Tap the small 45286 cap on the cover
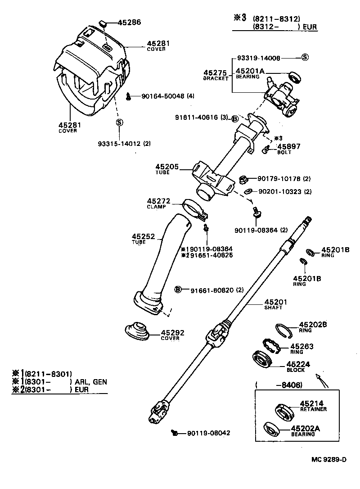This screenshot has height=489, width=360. tap(102, 23)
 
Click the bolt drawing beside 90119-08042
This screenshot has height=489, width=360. tap(175, 433)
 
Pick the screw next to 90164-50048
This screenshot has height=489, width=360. tap(129, 95)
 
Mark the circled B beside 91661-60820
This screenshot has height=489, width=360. tap(178, 289)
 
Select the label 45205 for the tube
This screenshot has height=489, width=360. tap(167, 167)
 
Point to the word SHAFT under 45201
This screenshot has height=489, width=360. tap(273, 308)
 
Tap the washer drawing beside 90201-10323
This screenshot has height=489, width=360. tap(247, 191)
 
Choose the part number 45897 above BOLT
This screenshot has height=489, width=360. tap(288, 146)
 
